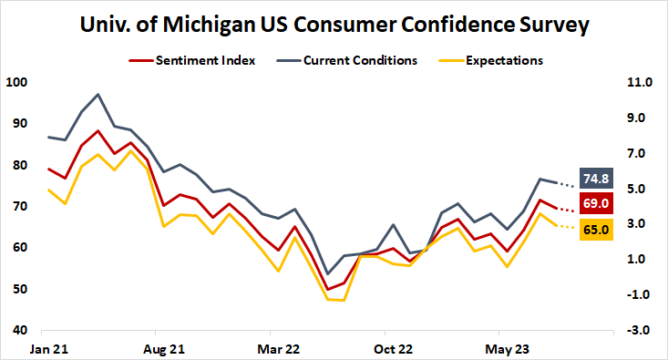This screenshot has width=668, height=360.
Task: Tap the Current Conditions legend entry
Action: click(x=360, y=60)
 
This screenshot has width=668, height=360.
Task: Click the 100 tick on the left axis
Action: click(x=16, y=82)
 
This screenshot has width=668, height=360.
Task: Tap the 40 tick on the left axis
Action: click(x=19, y=330)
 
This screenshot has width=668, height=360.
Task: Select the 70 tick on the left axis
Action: click(x=19, y=206)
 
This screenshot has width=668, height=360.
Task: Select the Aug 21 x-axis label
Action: click(x=164, y=348)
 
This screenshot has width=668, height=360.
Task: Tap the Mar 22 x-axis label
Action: click(x=279, y=348)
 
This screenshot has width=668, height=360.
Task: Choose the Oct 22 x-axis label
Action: click(x=394, y=348)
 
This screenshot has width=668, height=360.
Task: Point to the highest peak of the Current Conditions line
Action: click(x=98, y=94)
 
